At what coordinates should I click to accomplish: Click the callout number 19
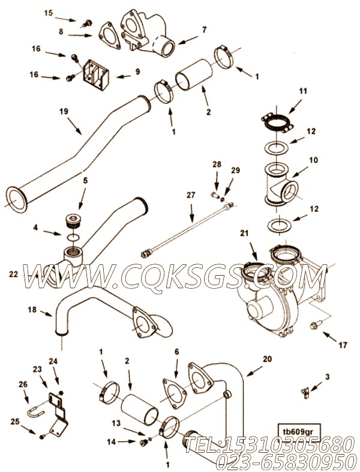point(64,111)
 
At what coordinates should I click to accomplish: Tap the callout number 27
point(191,195)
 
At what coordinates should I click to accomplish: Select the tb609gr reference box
point(299,429)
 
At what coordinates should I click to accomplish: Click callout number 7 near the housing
point(205,30)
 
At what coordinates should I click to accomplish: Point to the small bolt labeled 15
point(88,23)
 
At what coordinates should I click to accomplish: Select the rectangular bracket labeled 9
point(96,71)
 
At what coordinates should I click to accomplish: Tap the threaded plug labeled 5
point(72,221)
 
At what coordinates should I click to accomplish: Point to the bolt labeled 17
point(315,324)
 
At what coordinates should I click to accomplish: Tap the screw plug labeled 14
point(143,443)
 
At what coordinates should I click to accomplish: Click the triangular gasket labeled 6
point(175,393)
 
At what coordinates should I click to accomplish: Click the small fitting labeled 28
point(214,195)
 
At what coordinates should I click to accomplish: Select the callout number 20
point(268,359)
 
